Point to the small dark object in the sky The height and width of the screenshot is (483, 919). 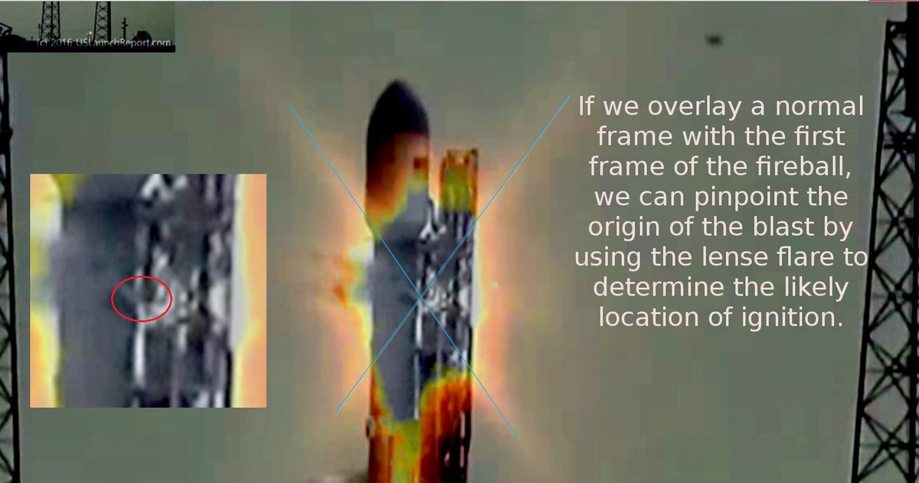coord(715,38)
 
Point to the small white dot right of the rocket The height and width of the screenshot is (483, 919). coord(495,286)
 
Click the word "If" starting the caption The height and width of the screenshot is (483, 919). coord(586,107)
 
